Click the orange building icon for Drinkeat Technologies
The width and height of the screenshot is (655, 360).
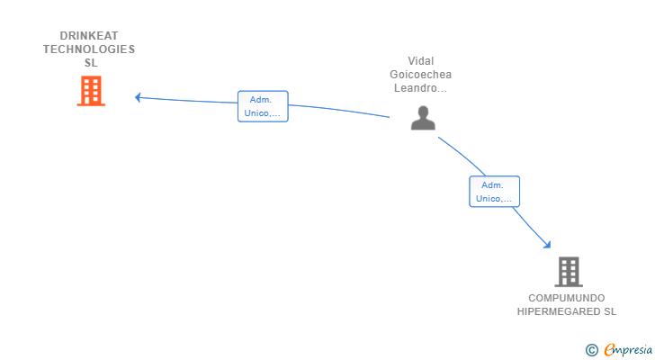pyautogui.click(x=91, y=91)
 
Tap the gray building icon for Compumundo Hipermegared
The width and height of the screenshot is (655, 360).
pyautogui.click(x=569, y=272)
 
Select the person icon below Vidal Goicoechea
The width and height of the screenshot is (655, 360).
pyautogui.click(x=423, y=118)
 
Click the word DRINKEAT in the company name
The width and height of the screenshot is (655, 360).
pyautogui.click(x=89, y=36)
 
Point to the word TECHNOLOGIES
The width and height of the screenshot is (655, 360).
pyautogui.click(x=89, y=49)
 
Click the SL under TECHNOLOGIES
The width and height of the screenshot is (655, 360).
pyautogui.click(x=91, y=63)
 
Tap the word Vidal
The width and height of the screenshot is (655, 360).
pyautogui.click(x=421, y=61)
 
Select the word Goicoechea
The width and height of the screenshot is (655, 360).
pyautogui.click(x=421, y=75)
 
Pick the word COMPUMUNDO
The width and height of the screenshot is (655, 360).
pyautogui.click(x=567, y=298)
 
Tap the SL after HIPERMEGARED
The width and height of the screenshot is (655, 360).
pyautogui.click(x=610, y=311)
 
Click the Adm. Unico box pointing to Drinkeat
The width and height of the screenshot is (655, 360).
pyautogui.click(x=263, y=106)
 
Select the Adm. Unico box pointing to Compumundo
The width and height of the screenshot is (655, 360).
pyautogui.click(x=495, y=192)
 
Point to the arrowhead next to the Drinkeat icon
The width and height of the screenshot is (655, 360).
pyautogui.click(x=138, y=97)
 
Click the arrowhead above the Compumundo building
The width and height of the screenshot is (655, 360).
pyautogui.click(x=547, y=245)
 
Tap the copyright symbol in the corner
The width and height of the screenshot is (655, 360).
pyautogui.click(x=591, y=350)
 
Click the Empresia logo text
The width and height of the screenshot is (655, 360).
pyautogui.click(x=628, y=350)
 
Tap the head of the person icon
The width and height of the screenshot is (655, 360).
pyautogui.click(x=423, y=112)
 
